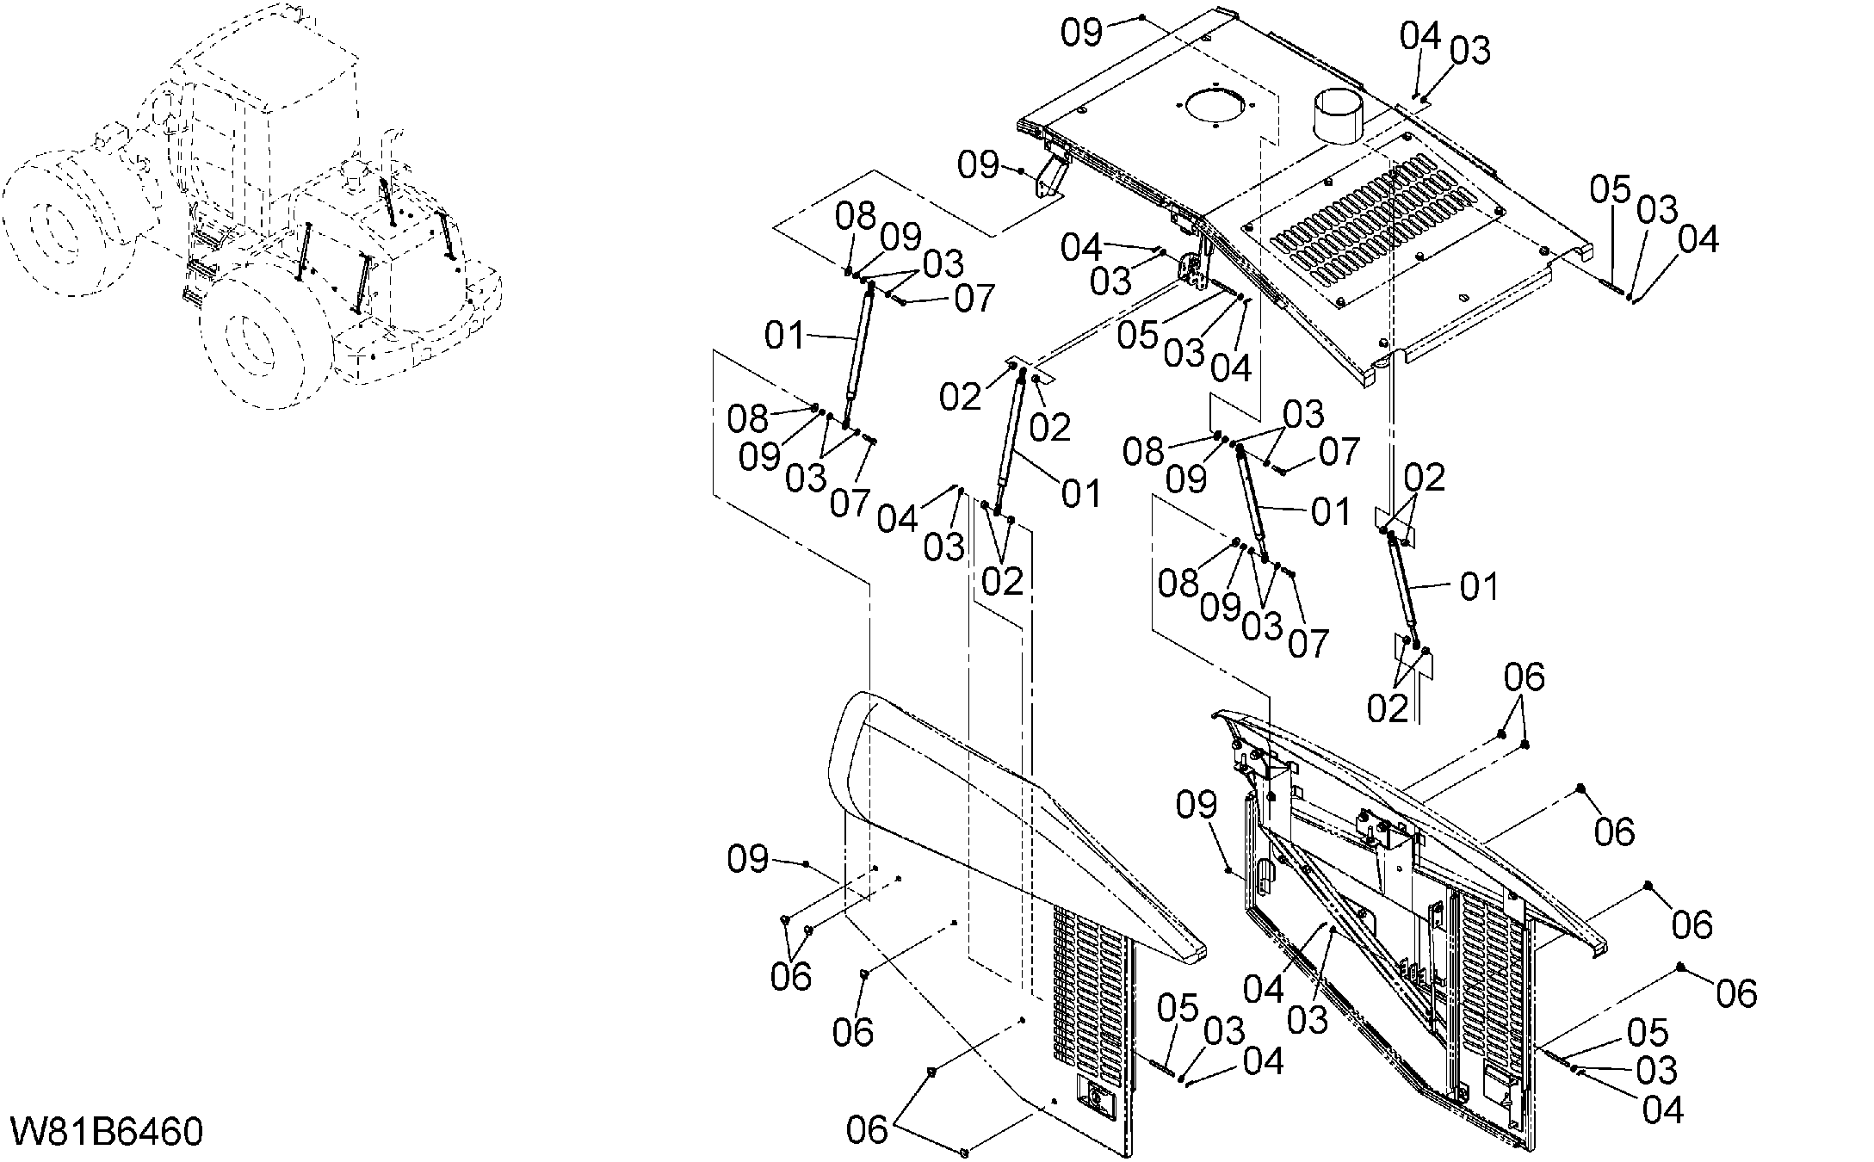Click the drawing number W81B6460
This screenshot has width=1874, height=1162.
(x=107, y=1132)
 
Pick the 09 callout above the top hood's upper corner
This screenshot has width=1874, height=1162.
(x=1081, y=32)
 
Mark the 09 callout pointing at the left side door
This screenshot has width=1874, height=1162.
(x=748, y=858)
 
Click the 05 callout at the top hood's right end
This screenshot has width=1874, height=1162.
(x=1610, y=189)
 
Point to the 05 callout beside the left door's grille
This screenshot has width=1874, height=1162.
(x=1178, y=1008)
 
